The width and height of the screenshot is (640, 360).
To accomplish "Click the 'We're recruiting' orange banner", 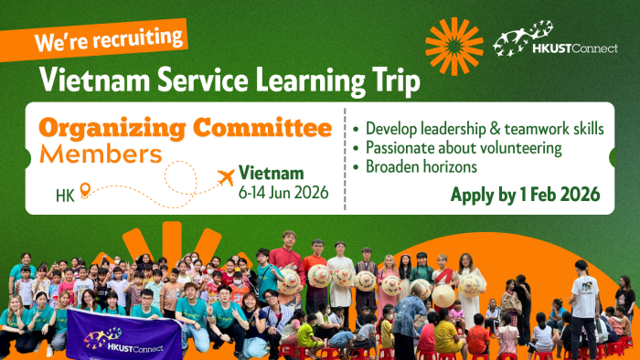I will [109, 40].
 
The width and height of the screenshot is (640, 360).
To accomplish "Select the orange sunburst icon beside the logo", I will [453, 46].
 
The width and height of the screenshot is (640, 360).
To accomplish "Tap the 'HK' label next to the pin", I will [65, 195].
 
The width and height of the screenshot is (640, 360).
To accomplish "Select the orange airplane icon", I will [222, 175].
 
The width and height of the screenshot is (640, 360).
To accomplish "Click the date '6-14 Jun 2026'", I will [281, 193].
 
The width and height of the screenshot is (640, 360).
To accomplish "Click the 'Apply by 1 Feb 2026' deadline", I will [525, 194].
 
